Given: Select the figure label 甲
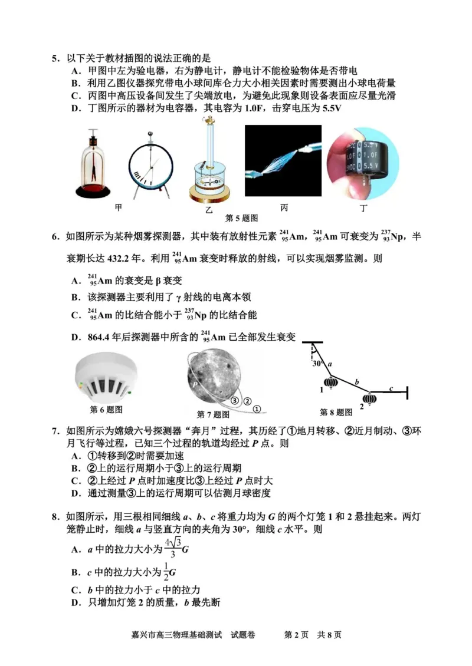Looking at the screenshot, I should click(x=119, y=207).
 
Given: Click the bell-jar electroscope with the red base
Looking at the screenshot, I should click(x=93, y=165).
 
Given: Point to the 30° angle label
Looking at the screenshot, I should click(x=317, y=363).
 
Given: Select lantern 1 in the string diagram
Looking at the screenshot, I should click(x=331, y=383).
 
